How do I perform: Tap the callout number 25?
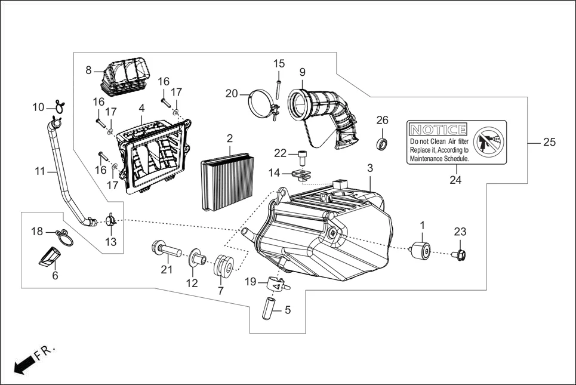[550, 143]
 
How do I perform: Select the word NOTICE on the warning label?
[439, 130]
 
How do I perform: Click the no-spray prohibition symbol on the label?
[489, 141]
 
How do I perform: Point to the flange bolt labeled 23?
[461, 255]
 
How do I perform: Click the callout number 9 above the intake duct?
[302, 72]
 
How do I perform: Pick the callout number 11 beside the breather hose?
[39, 171]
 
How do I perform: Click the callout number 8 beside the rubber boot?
[88, 70]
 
